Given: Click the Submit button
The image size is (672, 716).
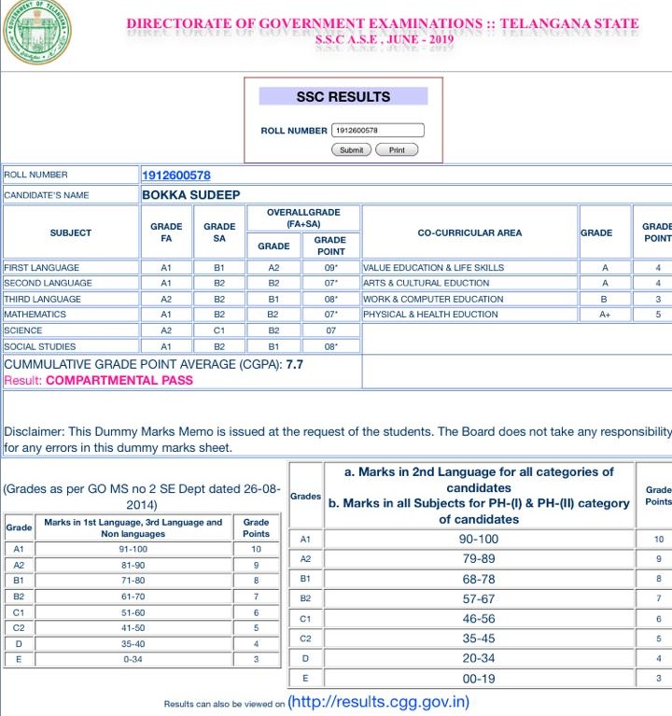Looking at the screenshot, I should pos(351,149).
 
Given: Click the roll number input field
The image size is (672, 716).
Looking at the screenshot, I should pos(377,131).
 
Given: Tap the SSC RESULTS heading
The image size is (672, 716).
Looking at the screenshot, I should pos(343,96).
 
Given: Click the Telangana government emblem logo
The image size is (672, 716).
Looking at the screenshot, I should pos(35,35).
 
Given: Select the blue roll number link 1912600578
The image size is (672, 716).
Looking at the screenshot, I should pos(175,175).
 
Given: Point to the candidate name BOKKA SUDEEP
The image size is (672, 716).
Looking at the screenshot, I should pos(190,195).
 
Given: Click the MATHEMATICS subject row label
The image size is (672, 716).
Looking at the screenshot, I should pos(35,315).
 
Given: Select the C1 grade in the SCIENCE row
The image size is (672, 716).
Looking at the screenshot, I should pos(219,330).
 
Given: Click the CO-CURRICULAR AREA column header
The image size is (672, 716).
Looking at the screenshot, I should pos(469,232).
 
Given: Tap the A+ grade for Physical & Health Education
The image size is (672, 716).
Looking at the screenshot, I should pos(605,315).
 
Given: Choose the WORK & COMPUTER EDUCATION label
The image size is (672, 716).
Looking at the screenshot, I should pos(433,299).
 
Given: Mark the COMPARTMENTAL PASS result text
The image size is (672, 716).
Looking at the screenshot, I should pos(119,380).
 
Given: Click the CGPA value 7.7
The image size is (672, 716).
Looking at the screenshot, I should pos(295,364).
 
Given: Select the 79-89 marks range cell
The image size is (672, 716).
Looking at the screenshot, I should pos(478,558).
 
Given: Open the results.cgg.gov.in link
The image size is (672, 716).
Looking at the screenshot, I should pos(379,702).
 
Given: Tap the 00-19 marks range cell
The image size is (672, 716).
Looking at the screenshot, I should pos(478,679).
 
